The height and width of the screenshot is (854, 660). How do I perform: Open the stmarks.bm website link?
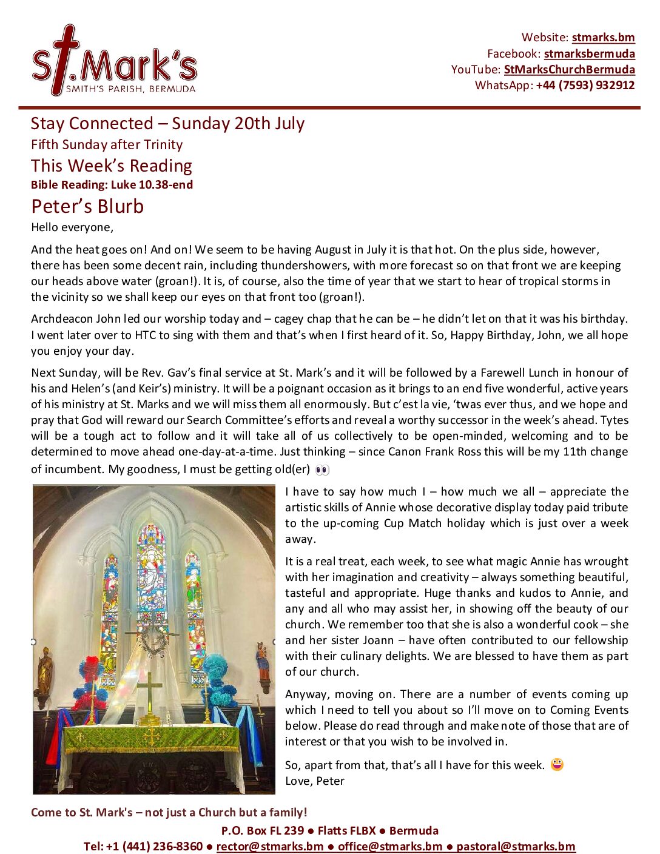pos(603,38)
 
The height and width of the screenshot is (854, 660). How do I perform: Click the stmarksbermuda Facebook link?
pos(589,53)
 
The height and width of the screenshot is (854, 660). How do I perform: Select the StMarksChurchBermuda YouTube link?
pos(569,69)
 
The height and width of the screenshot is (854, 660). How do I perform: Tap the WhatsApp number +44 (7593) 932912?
pos(585,85)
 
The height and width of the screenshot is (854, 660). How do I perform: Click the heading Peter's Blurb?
pos(87,206)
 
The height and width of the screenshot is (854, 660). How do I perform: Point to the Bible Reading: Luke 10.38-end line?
pos(112,185)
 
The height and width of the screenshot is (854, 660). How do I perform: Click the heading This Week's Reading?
pos(112,166)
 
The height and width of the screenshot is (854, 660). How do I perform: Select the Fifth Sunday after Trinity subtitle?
pos(107,144)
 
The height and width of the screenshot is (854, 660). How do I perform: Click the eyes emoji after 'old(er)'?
pos(322,470)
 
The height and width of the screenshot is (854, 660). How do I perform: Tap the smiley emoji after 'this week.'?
pos(557,765)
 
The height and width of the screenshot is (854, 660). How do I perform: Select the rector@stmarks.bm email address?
pos(270,846)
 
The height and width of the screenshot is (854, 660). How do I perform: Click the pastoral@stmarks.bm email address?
pos(516,846)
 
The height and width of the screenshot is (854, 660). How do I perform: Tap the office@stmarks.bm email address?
pos(390,846)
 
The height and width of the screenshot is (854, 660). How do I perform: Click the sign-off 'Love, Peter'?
pos(315,781)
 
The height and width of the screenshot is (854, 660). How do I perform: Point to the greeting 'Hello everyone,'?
pos(72,227)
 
